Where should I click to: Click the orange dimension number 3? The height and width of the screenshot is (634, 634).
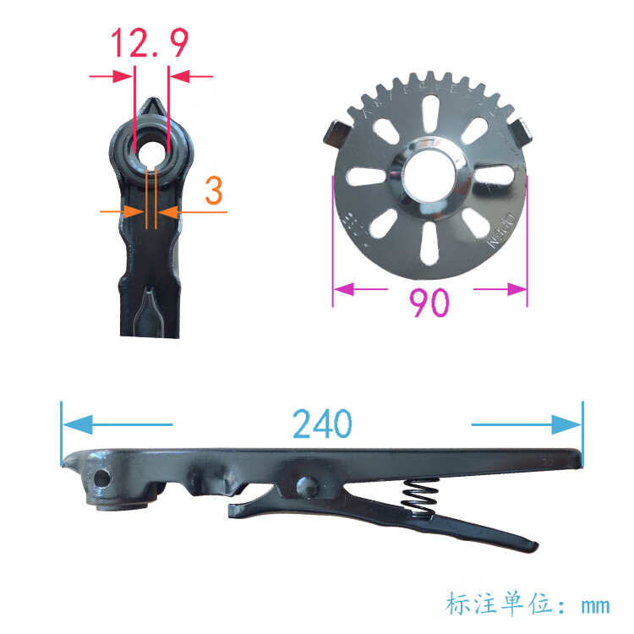point(214,192)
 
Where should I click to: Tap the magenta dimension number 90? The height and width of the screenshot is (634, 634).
point(429,303)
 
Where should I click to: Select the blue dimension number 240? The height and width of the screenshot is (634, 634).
point(321,424)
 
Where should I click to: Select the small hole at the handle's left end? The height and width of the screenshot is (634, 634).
point(101,478)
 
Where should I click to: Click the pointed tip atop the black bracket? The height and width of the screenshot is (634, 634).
point(152,106)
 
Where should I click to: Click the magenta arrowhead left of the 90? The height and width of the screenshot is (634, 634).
point(344,290)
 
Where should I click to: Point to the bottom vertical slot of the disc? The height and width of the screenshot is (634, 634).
point(431,243)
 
